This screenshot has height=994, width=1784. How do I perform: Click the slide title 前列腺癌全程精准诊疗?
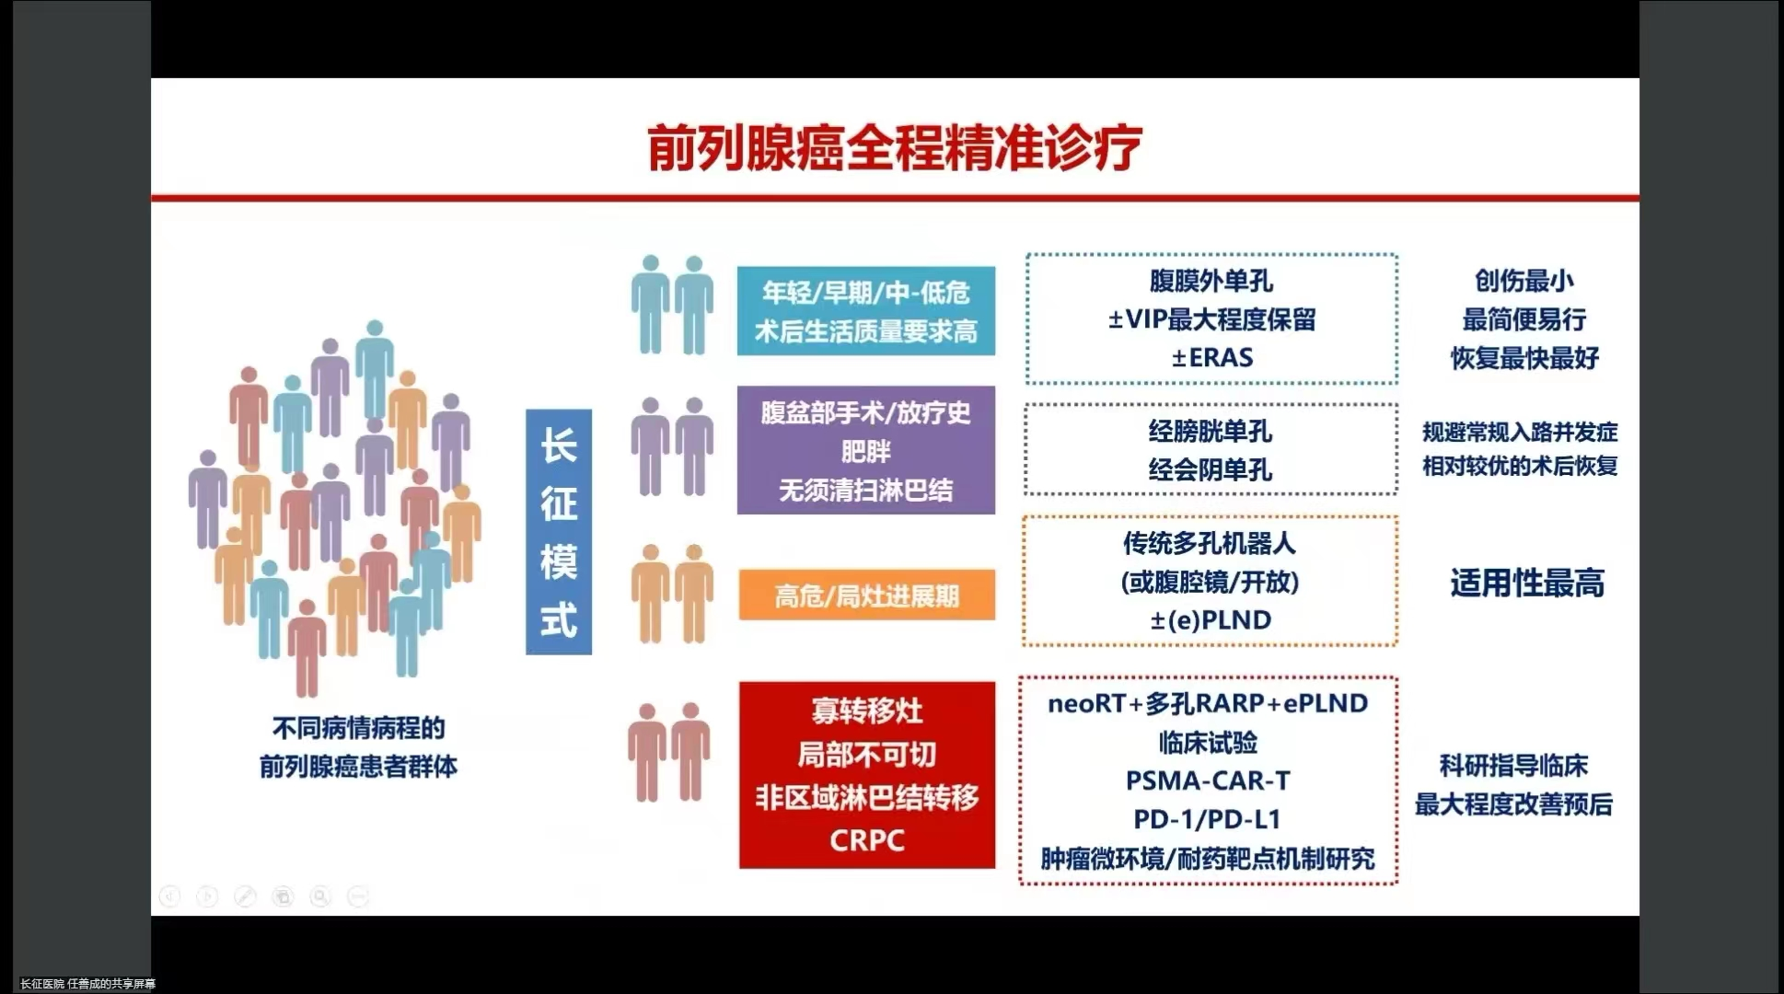point(895,147)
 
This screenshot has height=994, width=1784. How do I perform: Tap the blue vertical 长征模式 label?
point(559,532)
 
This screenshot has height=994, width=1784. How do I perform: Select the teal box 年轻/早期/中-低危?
point(866,311)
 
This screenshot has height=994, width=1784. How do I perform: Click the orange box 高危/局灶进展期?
point(867,595)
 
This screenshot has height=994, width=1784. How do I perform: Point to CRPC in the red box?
point(867,840)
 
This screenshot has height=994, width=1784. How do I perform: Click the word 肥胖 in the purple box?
point(866,452)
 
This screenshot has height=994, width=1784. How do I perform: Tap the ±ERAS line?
point(1212,357)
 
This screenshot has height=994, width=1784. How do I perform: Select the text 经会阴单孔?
point(1211,470)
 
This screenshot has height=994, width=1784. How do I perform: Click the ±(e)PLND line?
point(1211,620)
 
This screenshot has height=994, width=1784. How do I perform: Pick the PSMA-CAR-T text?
point(1208,780)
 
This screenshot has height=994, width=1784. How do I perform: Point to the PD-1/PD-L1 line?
point(1207,819)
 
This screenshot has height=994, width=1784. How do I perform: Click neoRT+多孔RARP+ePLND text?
point(1208,703)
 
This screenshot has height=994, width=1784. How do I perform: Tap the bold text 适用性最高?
point(1527,583)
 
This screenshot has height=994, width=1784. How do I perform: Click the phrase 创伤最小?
point(1524,280)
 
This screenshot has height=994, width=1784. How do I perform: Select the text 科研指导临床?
point(1514,766)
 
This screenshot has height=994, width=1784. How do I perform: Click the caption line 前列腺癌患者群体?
point(358,767)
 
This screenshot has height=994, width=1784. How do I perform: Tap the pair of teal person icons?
point(673,306)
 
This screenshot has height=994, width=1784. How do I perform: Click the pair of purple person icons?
point(673,447)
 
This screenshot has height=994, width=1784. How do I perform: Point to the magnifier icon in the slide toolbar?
point(320,896)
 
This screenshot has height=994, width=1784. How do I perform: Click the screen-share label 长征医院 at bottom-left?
point(42,984)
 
